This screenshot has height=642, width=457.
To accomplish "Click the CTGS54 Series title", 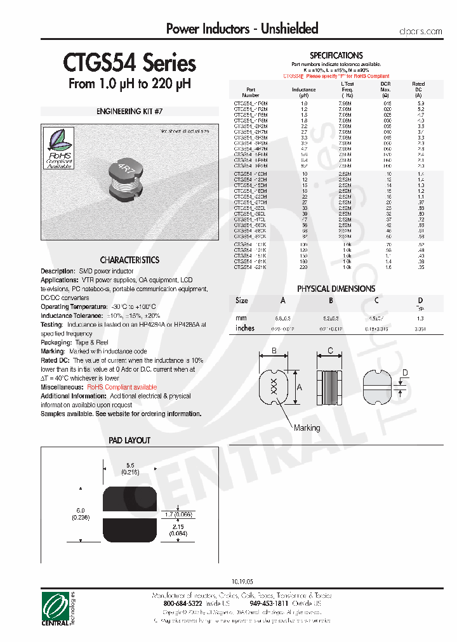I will (x=129, y=64).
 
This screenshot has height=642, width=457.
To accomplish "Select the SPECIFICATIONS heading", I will (x=336, y=56).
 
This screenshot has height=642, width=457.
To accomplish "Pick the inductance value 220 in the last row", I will (x=304, y=267).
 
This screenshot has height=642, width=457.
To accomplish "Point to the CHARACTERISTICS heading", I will (x=129, y=260).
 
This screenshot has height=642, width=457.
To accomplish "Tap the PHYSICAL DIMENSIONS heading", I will (x=336, y=289).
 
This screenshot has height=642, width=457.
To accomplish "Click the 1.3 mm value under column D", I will (x=420, y=318).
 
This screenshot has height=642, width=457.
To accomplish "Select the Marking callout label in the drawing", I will (x=307, y=428).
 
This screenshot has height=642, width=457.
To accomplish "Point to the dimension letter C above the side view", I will (x=330, y=351).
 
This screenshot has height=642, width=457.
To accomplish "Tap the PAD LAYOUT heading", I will (x=129, y=440).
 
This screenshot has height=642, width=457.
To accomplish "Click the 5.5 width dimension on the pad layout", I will (x=129, y=465).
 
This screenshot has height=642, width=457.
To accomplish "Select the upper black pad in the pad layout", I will (x=129, y=499).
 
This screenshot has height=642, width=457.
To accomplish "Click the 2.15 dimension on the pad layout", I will (x=178, y=527).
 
